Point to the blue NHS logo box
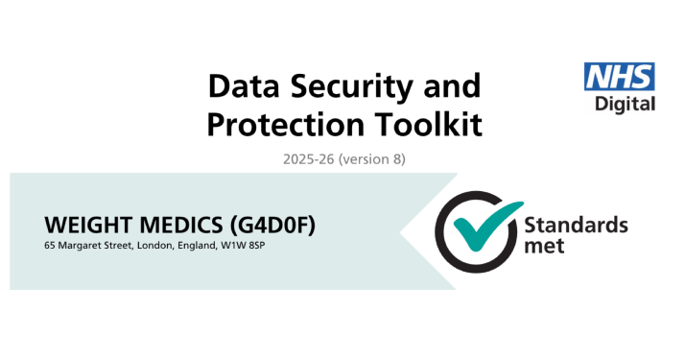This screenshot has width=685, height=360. pos(620,78)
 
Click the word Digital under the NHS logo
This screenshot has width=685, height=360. pos(626,104)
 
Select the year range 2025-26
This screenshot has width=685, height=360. pos(309,159)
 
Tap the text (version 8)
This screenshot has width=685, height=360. pos(372,159)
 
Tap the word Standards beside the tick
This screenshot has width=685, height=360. pos(576,226)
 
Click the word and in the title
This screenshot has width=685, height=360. pos(451,86)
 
